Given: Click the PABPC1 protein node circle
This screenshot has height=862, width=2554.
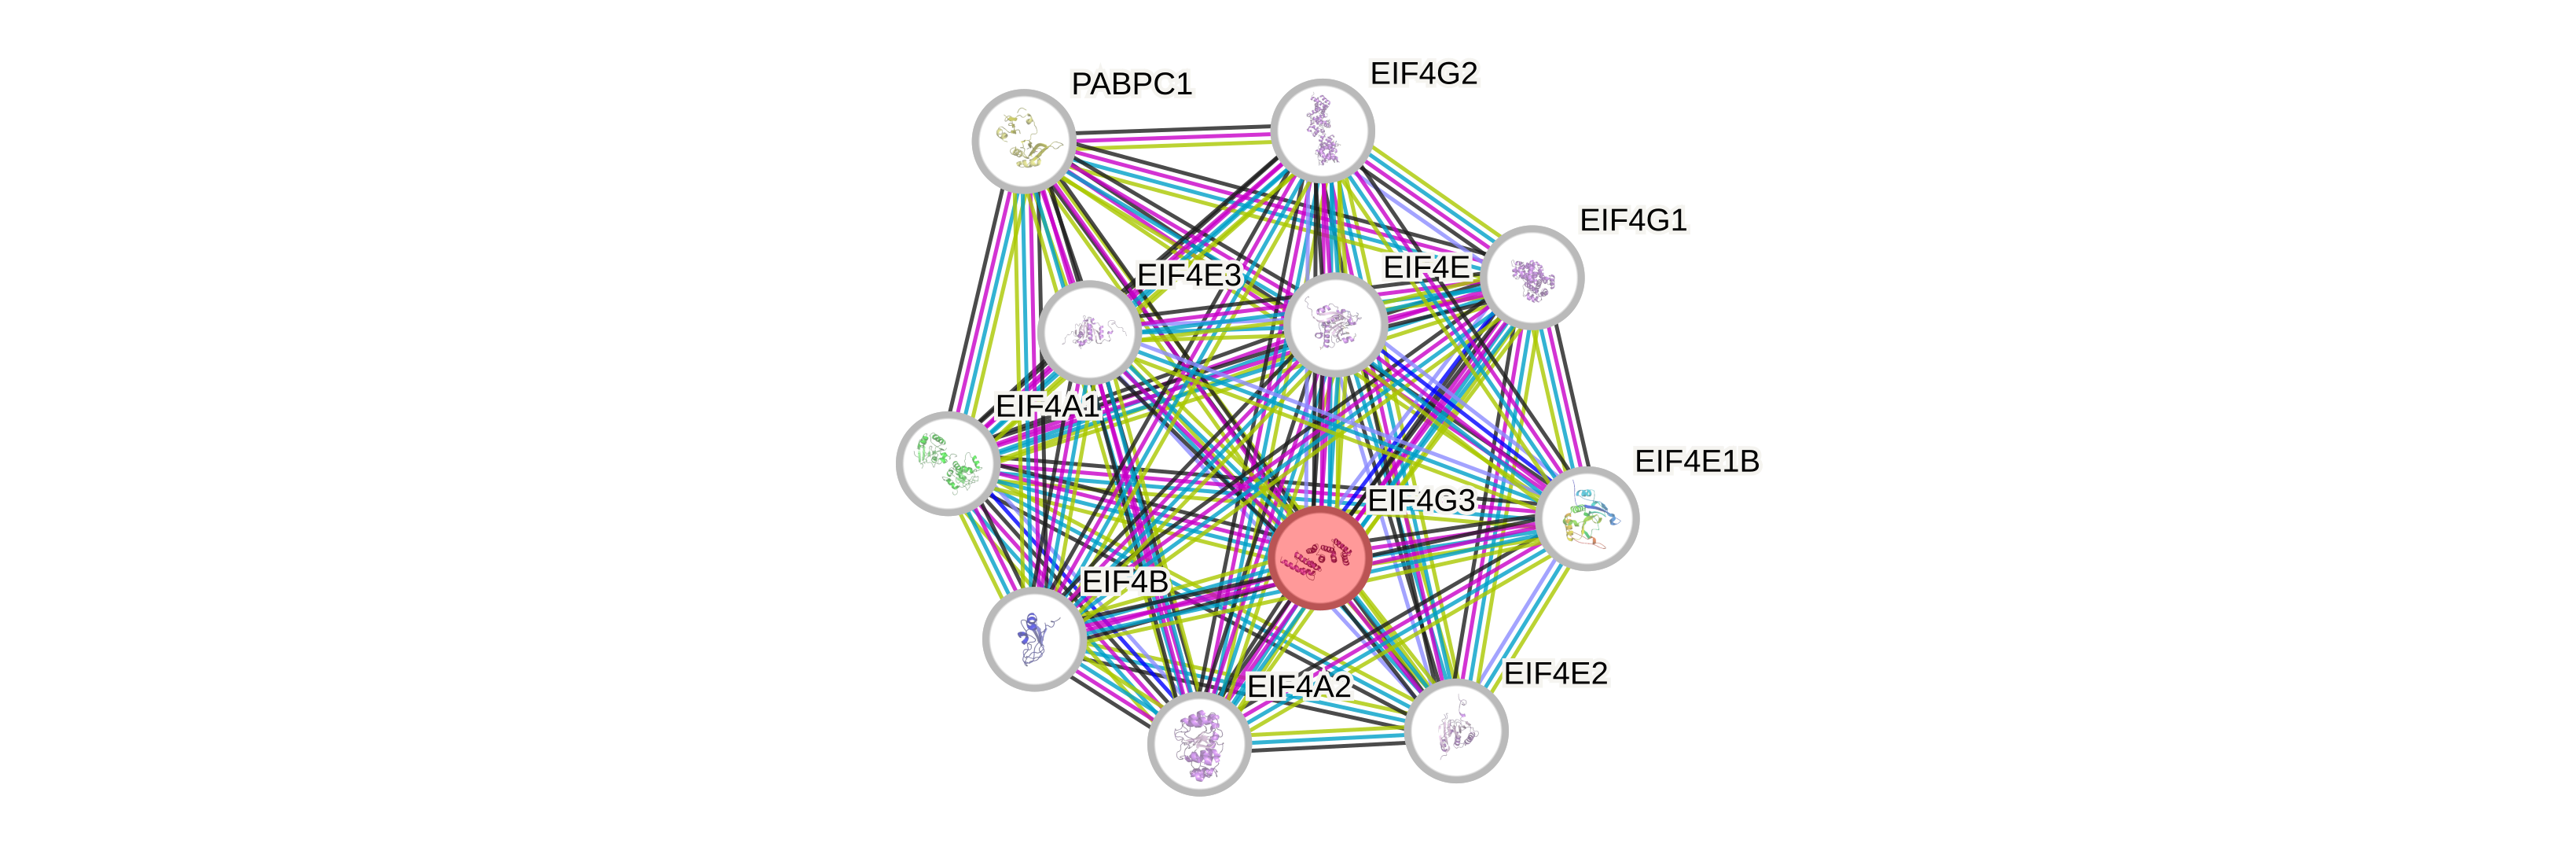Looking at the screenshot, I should [x=1024, y=141].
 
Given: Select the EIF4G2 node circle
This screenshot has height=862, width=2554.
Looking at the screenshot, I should [x=1323, y=131].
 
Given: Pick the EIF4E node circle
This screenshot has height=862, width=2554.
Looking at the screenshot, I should [x=1334, y=324].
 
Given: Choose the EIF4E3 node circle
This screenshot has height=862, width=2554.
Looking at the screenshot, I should [x=1090, y=331].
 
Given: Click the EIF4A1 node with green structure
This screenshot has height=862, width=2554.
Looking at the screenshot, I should [x=948, y=463].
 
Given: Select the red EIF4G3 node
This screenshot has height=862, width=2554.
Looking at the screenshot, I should [x=1321, y=558].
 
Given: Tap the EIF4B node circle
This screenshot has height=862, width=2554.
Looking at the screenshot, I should [x=1034, y=639].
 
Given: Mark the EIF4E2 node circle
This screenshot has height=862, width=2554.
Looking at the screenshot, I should [x=1456, y=731].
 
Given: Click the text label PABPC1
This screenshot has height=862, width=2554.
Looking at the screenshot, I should [x=1132, y=84].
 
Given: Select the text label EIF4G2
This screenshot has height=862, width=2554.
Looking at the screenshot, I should [x=1424, y=73].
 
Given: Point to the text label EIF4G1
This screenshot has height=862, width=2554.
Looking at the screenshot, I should [x=1633, y=220].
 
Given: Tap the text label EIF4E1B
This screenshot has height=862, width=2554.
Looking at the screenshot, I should [x=1697, y=461].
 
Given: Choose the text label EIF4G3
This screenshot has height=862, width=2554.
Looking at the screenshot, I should [x=1421, y=501].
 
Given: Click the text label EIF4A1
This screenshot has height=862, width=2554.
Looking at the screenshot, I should [x=1047, y=406].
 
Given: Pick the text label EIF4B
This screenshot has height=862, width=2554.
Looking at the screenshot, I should [x=1125, y=582].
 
